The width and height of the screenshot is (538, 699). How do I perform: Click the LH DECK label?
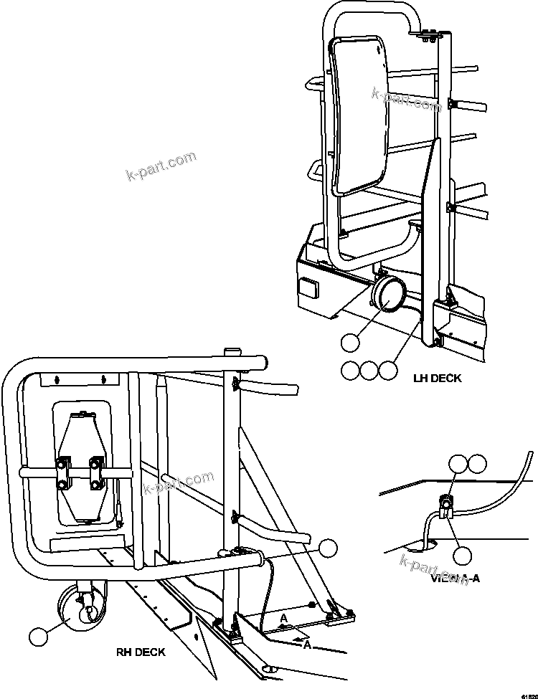click(x=437, y=378)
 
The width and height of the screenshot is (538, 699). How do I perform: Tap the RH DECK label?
click(x=141, y=652)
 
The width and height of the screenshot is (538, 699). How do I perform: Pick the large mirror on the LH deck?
click(x=359, y=117)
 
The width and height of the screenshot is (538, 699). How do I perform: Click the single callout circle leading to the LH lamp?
click(x=350, y=343)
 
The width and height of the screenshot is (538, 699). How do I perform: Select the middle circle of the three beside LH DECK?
click(x=369, y=370)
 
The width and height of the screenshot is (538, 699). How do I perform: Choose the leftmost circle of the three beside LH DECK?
click(x=350, y=370)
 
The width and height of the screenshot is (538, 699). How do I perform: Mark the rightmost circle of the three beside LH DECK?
click(x=387, y=370)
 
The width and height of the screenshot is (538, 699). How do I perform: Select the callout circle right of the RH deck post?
click(x=328, y=547)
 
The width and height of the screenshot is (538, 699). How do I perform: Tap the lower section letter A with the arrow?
click(x=307, y=645)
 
